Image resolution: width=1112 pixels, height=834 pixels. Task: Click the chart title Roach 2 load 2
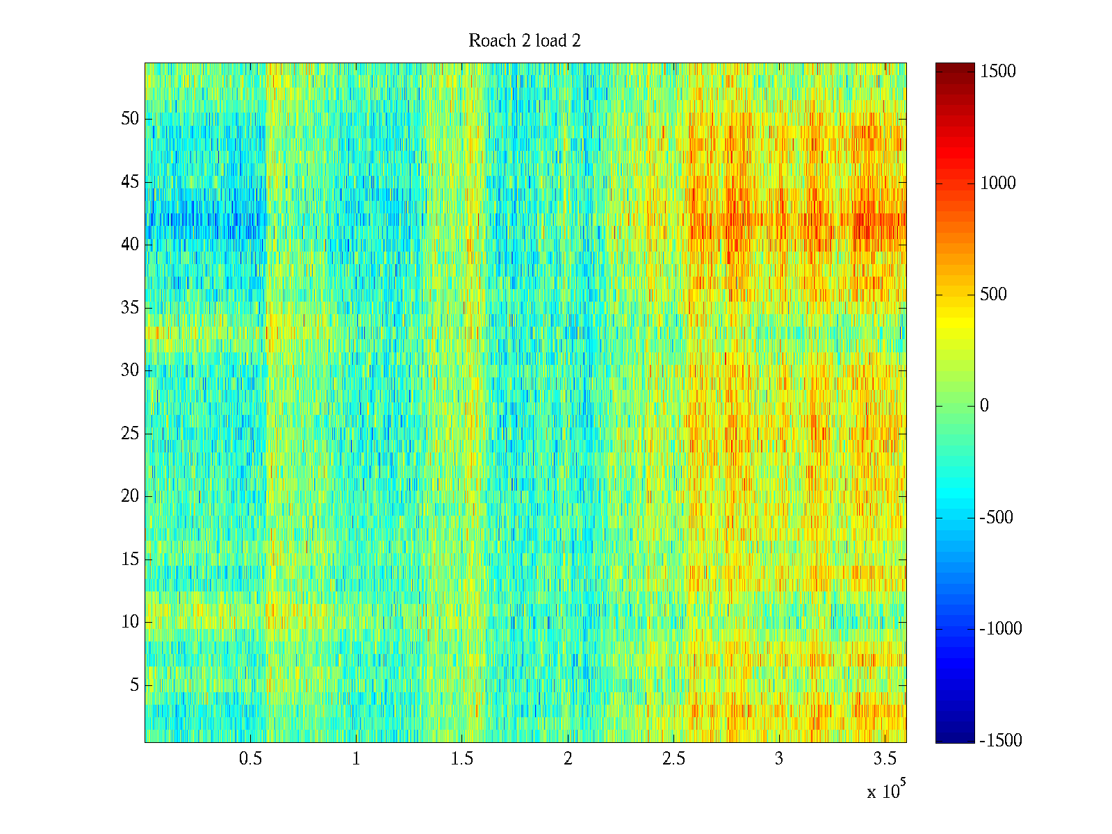525,41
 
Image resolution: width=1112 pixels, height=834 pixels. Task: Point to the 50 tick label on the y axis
130,119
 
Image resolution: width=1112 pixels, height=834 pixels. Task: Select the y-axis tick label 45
130,182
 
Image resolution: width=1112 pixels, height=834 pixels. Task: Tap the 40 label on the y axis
130,245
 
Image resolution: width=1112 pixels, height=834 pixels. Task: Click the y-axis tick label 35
130,308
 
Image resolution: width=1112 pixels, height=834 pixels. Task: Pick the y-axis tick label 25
130,434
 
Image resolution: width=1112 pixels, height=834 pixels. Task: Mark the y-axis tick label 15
130,559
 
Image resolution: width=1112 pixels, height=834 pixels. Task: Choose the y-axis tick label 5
134,685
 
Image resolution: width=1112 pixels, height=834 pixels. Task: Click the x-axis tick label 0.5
250,759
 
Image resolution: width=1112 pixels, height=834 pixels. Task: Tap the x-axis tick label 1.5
462,759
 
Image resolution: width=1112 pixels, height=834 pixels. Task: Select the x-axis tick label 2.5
673,759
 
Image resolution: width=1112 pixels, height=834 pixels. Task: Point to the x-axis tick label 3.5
885,759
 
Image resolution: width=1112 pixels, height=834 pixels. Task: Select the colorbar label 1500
998,72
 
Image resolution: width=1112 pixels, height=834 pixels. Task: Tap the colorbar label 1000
998,183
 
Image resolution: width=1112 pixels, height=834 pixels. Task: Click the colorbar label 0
984,406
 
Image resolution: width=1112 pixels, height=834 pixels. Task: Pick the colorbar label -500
996,518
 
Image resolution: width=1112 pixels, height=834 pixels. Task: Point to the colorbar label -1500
1001,741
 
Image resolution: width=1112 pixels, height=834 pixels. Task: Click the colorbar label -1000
1001,629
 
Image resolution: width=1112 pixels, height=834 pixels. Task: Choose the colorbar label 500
994,295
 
